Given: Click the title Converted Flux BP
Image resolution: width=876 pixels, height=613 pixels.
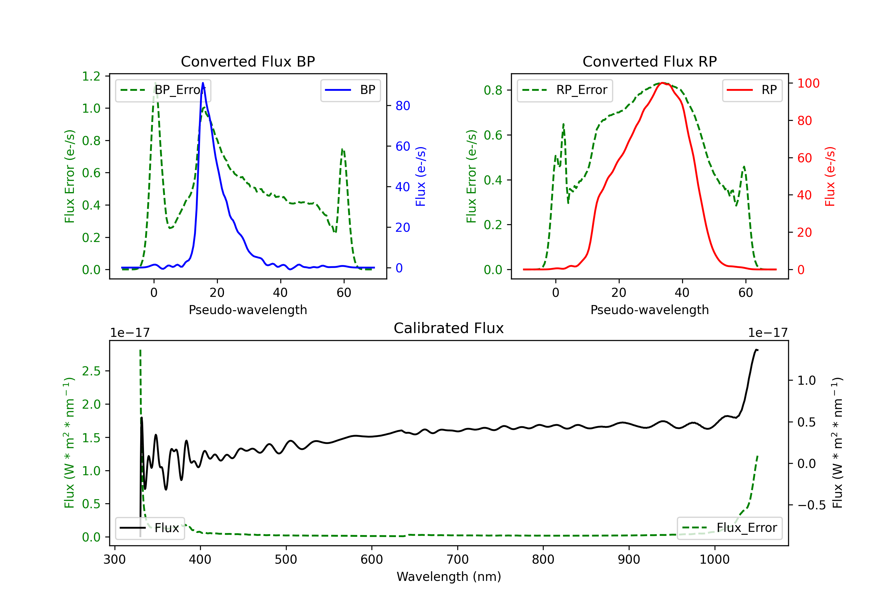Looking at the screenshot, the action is click(248, 61).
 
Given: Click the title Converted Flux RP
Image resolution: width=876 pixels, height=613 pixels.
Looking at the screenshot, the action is click(649, 61).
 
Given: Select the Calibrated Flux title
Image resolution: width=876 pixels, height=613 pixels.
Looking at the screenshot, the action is click(449, 328).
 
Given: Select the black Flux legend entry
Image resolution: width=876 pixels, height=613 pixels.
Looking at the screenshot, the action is click(150, 528).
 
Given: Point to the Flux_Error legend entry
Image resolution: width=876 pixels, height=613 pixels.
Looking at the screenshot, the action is click(729, 528).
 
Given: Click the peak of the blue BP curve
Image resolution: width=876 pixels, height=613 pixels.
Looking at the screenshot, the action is click(203, 83).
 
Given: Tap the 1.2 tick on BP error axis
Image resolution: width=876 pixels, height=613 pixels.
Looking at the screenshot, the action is click(91, 76).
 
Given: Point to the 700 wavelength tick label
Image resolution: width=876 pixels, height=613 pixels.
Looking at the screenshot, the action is click(458, 560).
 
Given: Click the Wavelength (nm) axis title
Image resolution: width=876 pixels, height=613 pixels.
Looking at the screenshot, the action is click(449, 577).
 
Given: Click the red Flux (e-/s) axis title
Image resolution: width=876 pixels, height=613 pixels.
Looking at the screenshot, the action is click(830, 177).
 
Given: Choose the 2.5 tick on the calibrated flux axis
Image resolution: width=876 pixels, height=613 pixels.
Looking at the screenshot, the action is click(91, 371).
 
